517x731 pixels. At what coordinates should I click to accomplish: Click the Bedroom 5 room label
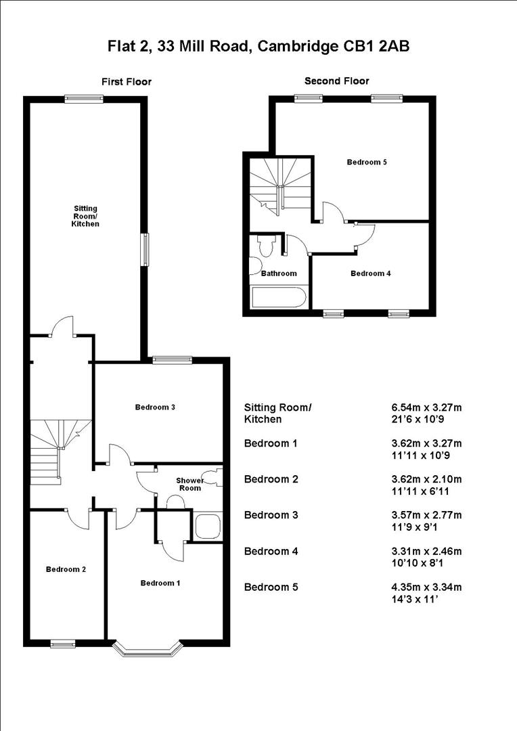(x=367, y=162)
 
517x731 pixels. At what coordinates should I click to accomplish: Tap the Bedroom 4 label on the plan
(x=370, y=273)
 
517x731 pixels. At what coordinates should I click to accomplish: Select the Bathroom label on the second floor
(x=279, y=273)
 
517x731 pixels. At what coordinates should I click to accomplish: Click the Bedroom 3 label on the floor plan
(x=156, y=407)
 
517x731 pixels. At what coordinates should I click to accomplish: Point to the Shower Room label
(x=189, y=484)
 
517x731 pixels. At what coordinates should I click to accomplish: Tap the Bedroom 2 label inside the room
(x=66, y=569)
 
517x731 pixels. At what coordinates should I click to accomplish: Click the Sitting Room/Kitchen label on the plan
(x=86, y=216)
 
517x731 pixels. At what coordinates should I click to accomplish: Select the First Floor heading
(x=127, y=82)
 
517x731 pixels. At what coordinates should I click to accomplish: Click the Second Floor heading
(x=337, y=81)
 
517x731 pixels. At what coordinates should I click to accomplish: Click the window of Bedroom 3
(x=164, y=360)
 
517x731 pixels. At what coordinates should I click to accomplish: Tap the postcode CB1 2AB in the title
(x=376, y=46)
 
